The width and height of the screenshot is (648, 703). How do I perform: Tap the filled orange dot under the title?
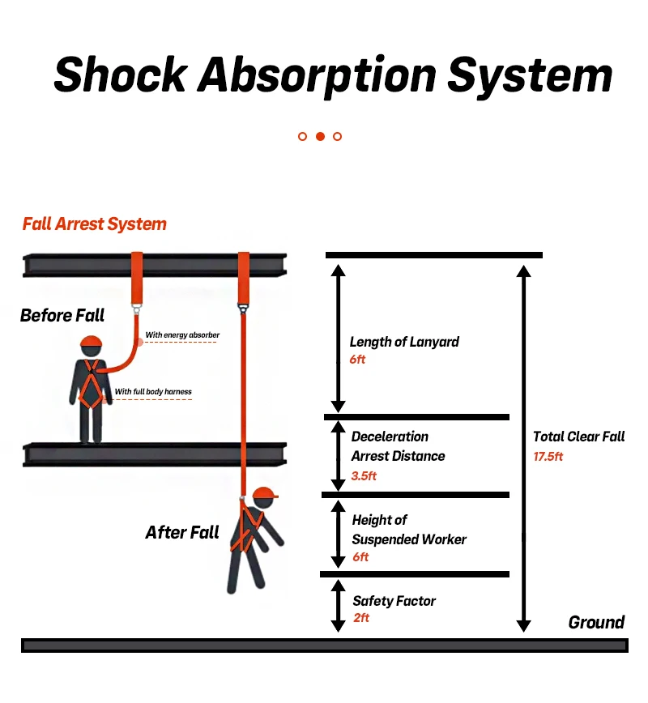tap(320, 136)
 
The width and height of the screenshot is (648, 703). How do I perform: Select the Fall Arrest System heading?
tap(95, 224)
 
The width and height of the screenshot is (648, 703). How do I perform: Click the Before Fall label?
tap(62, 315)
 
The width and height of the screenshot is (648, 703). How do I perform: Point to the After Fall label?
tap(182, 532)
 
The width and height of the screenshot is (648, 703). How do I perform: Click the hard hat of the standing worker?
tap(92, 342)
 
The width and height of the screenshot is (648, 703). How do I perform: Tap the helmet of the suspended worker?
tap(265, 493)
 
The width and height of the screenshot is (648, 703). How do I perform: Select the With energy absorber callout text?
tap(182, 334)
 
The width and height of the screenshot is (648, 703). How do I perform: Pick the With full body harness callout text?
tap(153, 392)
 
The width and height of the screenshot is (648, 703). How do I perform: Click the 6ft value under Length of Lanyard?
tap(358, 359)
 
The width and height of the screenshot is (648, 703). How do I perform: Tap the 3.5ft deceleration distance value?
tap(364, 475)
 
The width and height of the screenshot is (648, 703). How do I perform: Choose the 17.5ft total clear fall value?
tap(548, 456)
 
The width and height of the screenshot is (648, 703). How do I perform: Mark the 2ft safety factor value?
tap(361, 618)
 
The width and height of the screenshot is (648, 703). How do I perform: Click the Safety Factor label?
tap(394, 601)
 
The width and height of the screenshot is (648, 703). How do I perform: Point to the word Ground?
tap(596, 622)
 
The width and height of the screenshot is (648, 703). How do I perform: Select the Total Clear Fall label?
tap(578, 437)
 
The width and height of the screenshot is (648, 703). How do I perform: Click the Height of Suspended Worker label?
tap(409, 530)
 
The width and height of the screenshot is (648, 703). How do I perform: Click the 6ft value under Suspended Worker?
tap(360, 557)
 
